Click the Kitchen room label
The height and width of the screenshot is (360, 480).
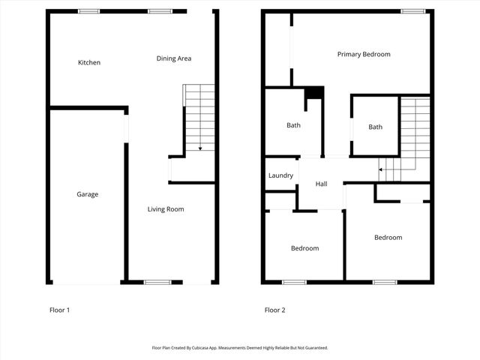point(89,63)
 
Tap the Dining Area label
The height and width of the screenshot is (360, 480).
point(174,58)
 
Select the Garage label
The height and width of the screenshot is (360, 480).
point(87,194)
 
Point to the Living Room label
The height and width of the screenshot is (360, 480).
point(165,209)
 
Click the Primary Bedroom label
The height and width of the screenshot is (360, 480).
point(364,54)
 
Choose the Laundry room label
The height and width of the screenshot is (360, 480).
point(280,175)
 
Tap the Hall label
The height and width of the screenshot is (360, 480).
point(321,184)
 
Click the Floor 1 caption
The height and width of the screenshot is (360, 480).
point(59,310)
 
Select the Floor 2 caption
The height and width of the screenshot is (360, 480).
point(274,310)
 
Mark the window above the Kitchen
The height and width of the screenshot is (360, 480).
point(90,11)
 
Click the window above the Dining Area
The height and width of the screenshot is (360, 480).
point(158,11)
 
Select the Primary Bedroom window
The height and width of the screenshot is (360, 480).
point(410,10)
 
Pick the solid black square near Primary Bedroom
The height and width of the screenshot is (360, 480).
point(314,93)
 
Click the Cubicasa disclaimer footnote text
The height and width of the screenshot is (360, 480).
point(240,348)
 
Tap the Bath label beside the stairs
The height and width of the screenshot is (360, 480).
point(375,127)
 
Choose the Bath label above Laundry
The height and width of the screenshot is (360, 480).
point(293,125)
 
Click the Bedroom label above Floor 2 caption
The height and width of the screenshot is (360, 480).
point(304,248)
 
